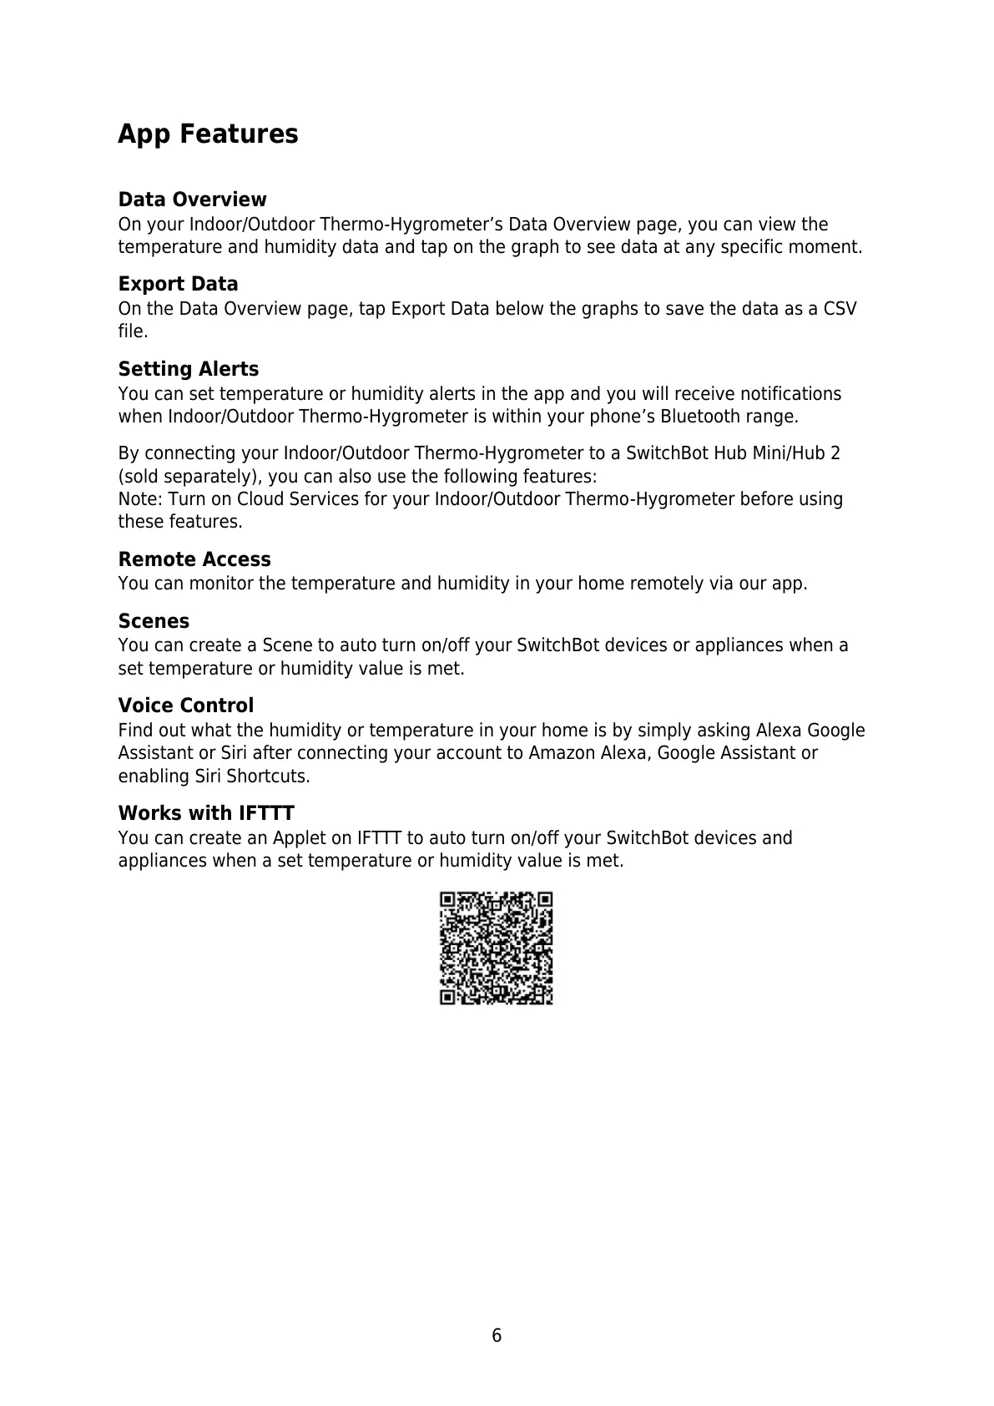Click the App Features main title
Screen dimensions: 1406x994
click(x=208, y=134)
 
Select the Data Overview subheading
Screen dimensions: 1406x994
click(x=192, y=200)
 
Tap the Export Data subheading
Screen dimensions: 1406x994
click(x=178, y=284)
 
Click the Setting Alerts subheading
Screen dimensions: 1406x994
click(x=189, y=369)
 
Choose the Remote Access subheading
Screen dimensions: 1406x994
click(x=194, y=559)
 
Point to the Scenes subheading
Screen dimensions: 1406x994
click(x=154, y=621)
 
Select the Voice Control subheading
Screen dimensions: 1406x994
click(x=186, y=706)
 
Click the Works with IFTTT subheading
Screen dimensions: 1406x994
click(x=206, y=813)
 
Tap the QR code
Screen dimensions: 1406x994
click(x=497, y=948)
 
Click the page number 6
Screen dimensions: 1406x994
click(x=497, y=1335)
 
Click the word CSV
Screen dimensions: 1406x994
click(x=840, y=309)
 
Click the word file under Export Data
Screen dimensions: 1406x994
click(x=131, y=331)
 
